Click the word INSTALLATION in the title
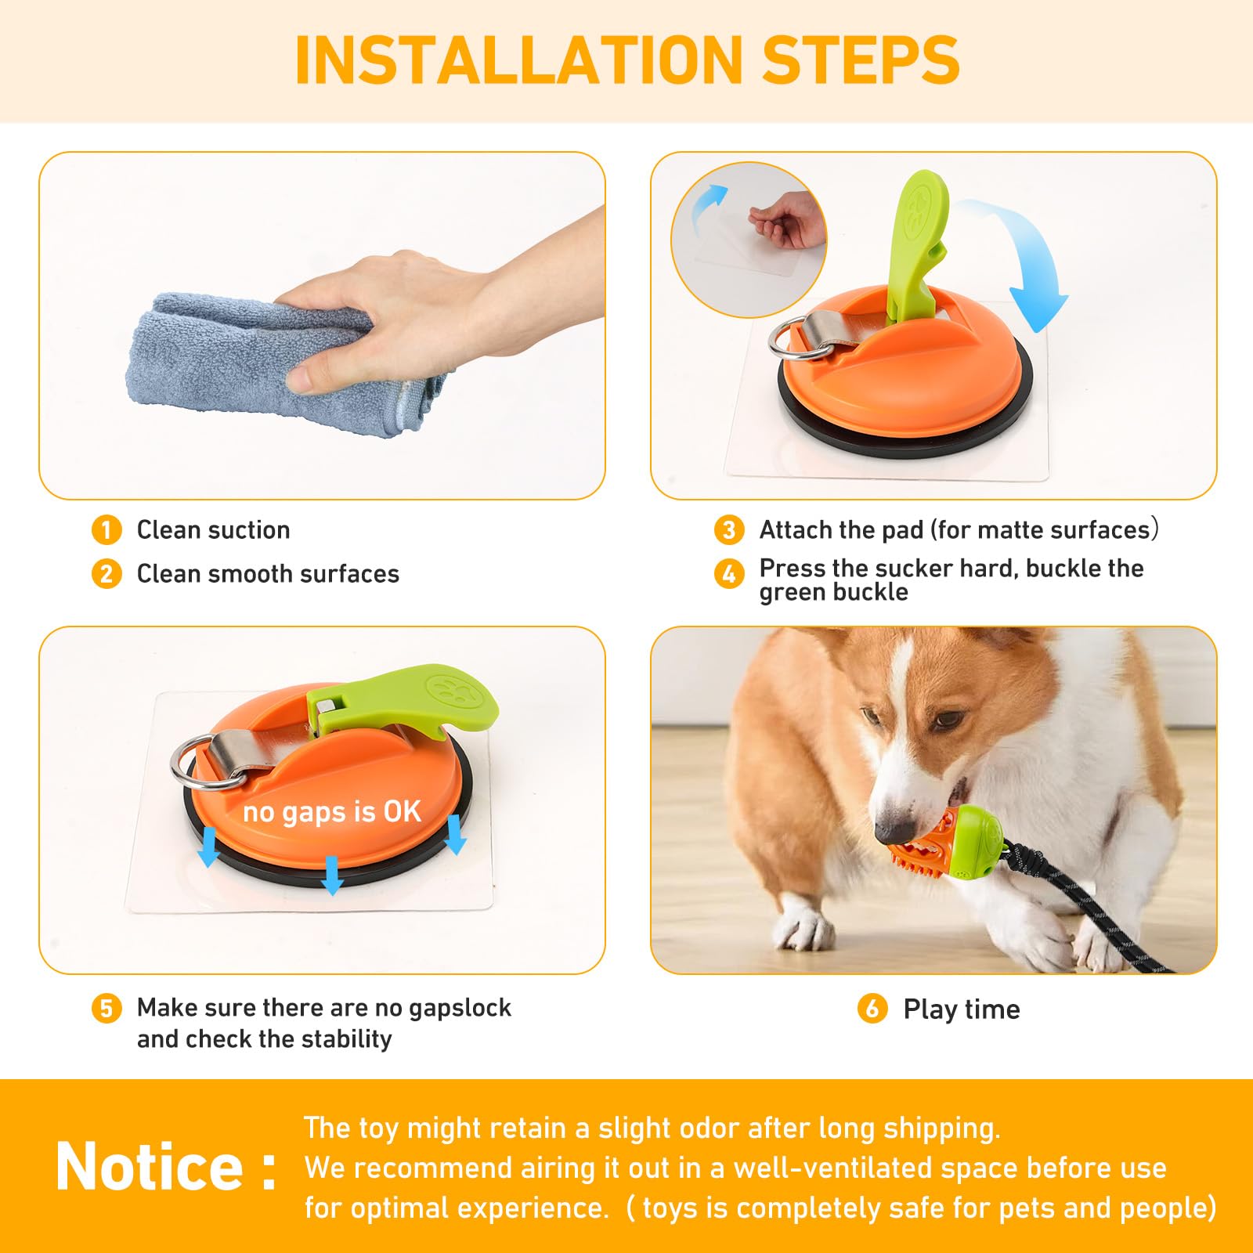[518, 60]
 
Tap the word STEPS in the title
[861, 60]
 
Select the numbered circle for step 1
[107, 530]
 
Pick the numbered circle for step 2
[107, 574]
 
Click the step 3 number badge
[729, 530]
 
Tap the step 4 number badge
[729, 574]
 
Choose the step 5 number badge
[107, 1008]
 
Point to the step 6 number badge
[872, 1008]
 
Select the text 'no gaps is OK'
[332, 812]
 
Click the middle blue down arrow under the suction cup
[332, 875]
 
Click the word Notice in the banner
[150, 1166]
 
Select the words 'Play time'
[962, 1009]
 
